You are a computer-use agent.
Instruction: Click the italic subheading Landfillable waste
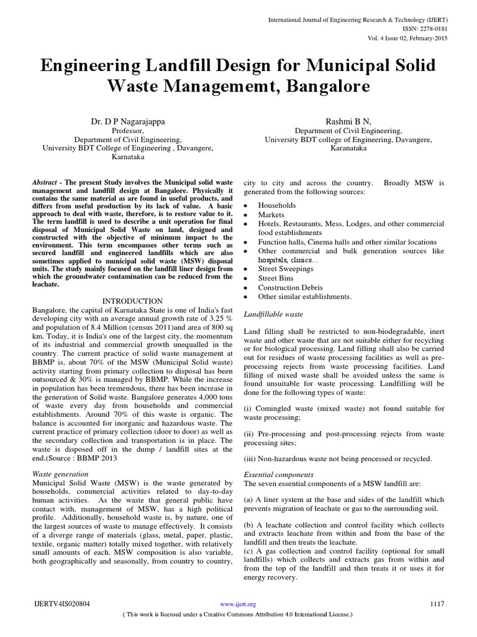coord(273,315)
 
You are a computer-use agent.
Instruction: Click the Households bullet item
coord(277,205)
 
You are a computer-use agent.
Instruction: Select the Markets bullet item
coord(271,214)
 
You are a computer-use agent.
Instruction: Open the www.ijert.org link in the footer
coord(238,604)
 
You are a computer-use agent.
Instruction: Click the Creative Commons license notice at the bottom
coord(238,614)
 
